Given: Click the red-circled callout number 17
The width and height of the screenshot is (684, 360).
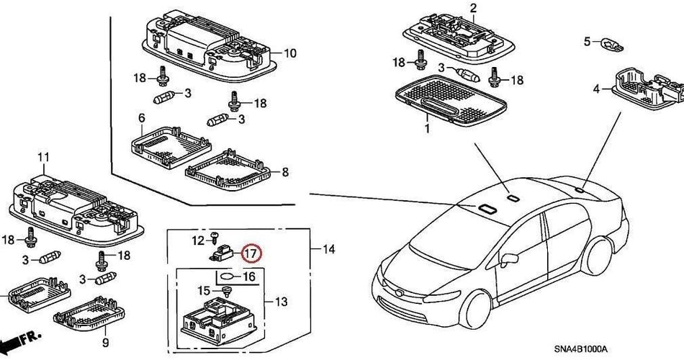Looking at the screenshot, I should [x=250, y=253].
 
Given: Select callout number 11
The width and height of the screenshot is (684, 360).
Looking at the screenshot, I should [x=42, y=157].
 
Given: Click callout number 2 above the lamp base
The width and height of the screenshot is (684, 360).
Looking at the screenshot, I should [x=473, y=9].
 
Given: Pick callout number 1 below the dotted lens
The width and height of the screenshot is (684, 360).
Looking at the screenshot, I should [x=426, y=130].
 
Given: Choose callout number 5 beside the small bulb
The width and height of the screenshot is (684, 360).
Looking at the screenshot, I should [x=587, y=40].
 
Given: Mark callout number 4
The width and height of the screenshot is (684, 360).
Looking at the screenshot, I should [x=595, y=89].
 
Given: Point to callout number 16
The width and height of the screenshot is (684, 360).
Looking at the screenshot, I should [x=248, y=276].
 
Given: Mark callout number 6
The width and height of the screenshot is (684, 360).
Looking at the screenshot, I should [x=141, y=117].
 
